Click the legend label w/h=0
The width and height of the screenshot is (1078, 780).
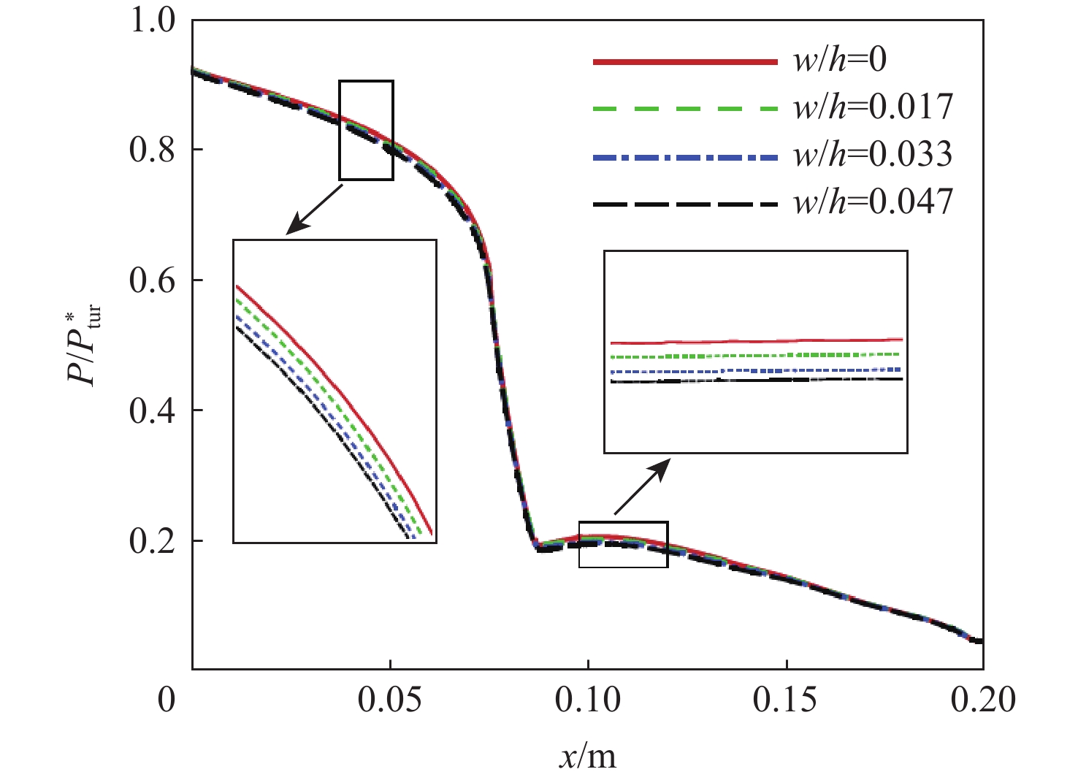pos(841,60)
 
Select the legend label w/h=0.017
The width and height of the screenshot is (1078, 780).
pos(874,107)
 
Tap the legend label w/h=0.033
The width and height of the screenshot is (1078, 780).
pos(874,154)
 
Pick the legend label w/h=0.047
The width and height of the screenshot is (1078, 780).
pos(874,202)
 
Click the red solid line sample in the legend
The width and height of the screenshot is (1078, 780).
pos(685,62)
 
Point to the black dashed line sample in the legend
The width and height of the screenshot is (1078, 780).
pos(685,204)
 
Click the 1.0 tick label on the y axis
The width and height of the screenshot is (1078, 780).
pos(153,20)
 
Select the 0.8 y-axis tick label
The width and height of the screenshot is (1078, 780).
pos(153,150)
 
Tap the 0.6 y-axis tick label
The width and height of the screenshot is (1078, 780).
pos(153,280)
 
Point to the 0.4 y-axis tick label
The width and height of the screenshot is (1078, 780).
pos(153,410)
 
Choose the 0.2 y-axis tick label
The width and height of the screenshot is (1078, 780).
pos(153,541)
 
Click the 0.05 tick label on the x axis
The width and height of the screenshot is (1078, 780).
pos(390,700)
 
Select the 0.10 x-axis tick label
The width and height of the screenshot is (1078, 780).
pos(588,700)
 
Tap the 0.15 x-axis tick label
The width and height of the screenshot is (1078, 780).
pos(786,700)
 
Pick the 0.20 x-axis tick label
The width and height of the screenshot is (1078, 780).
pos(983,700)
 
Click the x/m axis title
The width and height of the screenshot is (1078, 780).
pos(588,755)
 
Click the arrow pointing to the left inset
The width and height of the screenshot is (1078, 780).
pos(314,210)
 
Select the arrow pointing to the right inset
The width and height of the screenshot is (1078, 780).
pos(641,487)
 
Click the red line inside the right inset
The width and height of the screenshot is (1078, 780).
pos(756,341)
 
